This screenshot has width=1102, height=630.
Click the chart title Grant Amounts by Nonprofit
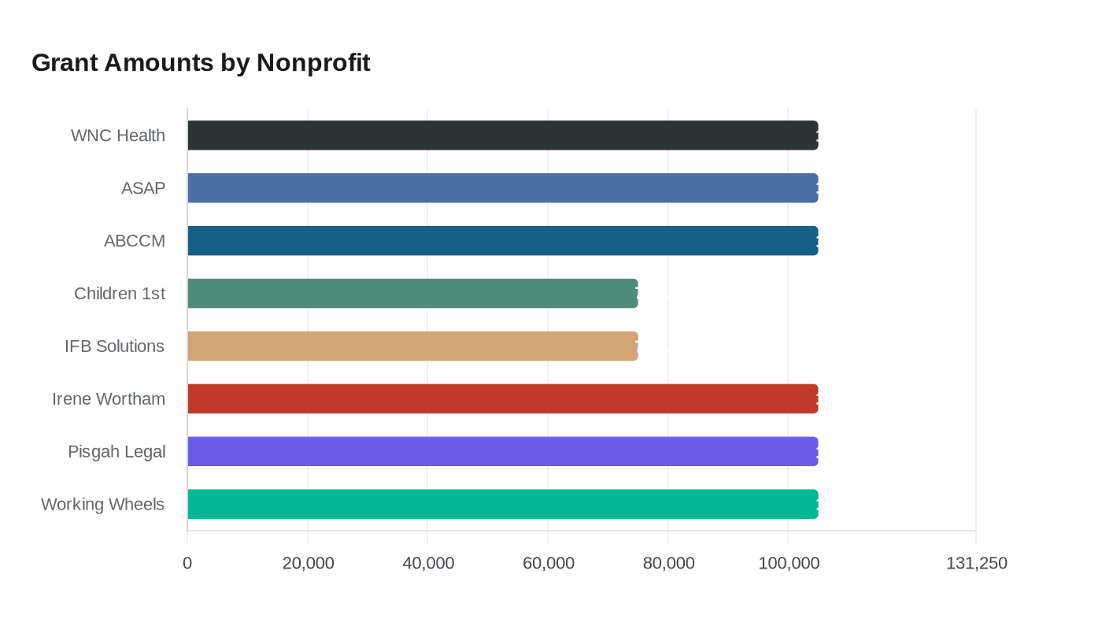(x=201, y=62)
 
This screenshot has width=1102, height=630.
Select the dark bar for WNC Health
(x=502, y=135)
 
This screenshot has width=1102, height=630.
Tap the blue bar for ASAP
(x=502, y=188)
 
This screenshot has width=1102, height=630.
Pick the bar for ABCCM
(x=502, y=241)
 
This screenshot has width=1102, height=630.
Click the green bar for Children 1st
(x=412, y=293)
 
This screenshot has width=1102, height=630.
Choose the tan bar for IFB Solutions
(x=412, y=346)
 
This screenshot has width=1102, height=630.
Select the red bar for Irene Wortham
(x=502, y=398)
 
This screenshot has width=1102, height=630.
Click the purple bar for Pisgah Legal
(x=502, y=451)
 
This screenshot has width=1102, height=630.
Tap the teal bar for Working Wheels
(x=502, y=504)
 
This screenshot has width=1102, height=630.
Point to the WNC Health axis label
(x=118, y=135)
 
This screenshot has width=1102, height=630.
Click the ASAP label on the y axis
(x=143, y=188)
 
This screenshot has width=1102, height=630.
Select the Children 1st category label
(x=120, y=294)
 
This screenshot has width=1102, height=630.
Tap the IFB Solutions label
(x=115, y=346)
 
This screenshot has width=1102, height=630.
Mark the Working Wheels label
(x=103, y=504)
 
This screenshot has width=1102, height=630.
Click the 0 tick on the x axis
(x=187, y=563)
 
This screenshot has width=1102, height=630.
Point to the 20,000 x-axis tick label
(x=308, y=563)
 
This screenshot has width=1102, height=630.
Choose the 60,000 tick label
(x=548, y=563)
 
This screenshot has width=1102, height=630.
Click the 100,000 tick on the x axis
(x=789, y=563)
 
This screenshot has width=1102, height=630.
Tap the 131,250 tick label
(x=976, y=563)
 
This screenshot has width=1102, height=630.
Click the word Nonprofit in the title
(x=313, y=62)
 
